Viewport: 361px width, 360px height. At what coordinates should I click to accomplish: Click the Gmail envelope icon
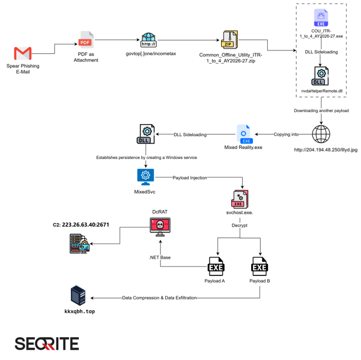coord(23,53)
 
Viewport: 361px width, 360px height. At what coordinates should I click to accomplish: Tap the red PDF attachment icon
coord(86,40)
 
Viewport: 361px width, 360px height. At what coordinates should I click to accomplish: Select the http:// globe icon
coord(148,40)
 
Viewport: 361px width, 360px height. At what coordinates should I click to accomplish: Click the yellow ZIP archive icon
coord(229,40)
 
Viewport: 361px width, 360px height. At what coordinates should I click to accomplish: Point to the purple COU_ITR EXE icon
coord(321,18)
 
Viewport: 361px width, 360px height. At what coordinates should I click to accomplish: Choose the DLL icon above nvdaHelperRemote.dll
coord(320,76)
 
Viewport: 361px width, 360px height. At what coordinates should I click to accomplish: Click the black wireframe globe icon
coord(321,134)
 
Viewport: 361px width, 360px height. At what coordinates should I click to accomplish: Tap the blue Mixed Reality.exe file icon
coord(244,134)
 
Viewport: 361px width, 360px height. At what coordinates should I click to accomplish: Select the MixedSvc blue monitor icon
coord(145,177)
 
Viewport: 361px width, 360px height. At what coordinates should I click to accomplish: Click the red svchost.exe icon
coord(240,199)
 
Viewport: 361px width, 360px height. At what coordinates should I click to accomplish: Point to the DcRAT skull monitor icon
coord(160,227)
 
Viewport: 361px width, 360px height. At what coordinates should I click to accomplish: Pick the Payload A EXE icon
coord(216,266)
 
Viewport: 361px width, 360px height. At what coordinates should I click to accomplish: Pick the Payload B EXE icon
coord(259,266)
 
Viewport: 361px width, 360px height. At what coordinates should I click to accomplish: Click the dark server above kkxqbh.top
coord(78,295)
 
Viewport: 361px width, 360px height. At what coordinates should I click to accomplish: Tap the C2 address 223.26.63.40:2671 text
coord(85,225)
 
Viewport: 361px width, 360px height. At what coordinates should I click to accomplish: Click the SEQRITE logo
coord(47,344)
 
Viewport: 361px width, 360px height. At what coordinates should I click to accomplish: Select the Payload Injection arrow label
coord(190,178)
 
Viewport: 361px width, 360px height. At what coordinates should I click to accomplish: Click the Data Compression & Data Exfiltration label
coord(159,298)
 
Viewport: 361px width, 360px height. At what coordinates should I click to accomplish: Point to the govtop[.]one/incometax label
coord(151,53)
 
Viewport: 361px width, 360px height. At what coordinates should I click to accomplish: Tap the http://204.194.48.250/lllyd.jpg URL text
coord(326,150)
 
